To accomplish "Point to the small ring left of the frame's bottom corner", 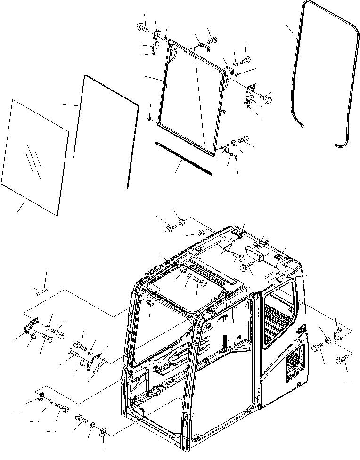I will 149,119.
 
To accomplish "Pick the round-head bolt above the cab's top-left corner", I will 170,229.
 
